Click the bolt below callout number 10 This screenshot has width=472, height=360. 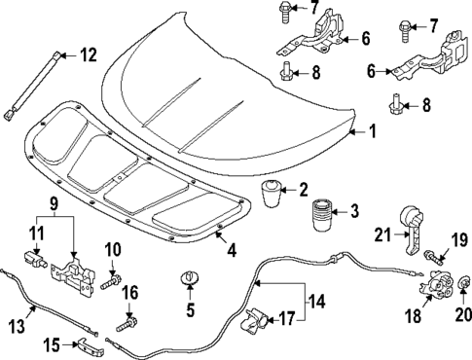click(x=110, y=286)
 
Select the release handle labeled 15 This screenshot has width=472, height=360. click(x=86, y=346)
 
